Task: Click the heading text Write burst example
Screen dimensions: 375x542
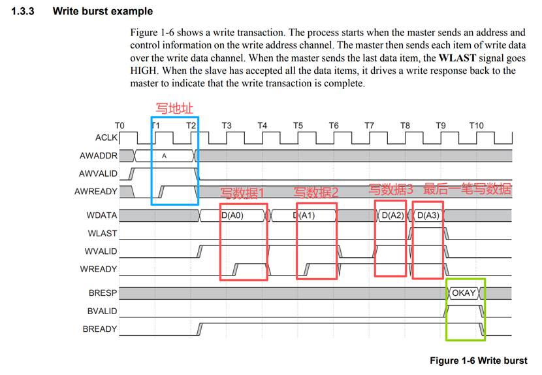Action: [103, 11]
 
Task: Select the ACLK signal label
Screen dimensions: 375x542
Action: [106, 137]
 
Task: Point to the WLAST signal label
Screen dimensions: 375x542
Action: [103, 233]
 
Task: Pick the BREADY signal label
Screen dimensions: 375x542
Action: [100, 329]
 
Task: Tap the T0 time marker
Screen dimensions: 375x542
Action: [119, 125]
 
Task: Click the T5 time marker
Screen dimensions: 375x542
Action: [298, 125]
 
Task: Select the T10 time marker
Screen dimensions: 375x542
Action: [476, 125]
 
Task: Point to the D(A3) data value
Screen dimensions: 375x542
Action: [428, 215]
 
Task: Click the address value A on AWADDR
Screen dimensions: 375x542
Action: [164, 156]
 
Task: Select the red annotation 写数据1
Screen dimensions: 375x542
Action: [243, 193]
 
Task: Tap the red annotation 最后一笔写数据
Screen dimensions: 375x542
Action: [467, 190]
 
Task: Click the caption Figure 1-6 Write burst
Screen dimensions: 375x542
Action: [478, 361]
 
